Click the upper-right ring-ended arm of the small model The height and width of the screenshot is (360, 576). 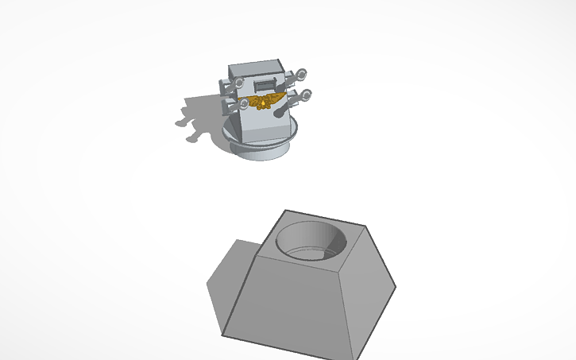point(299,76)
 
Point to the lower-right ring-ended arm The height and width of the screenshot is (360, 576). point(302,96)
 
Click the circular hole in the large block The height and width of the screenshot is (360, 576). point(311,239)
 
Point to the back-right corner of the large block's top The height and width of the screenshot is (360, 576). point(366,226)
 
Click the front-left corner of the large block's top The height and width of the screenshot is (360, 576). point(257,257)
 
